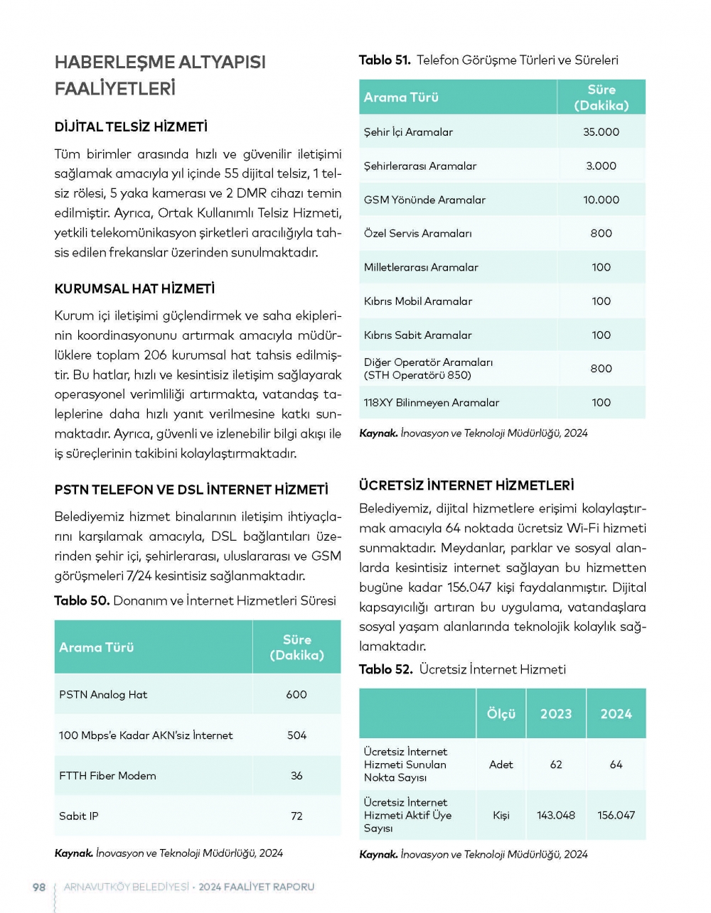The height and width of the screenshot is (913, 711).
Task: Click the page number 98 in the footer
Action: (x=39, y=887)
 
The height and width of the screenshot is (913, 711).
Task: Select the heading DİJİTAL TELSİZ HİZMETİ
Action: (x=131, y=127)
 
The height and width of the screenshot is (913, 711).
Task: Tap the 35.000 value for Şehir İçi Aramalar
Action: (x=601, y=132)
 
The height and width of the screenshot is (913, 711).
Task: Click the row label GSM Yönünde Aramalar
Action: (x=424, y=200)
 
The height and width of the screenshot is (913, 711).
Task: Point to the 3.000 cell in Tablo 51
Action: (x=601, y=166)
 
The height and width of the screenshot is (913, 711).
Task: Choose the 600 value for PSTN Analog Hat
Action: (x=296, y=694)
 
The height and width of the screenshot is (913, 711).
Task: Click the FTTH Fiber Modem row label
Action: (x=107, y=776)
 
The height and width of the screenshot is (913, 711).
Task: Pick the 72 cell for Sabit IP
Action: (x=296, y=816)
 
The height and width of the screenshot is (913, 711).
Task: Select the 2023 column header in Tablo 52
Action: (x=556, y=714)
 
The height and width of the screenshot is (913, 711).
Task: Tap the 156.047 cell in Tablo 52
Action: (x=616, y=815)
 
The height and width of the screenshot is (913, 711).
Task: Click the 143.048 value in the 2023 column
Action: (x=556, y=815)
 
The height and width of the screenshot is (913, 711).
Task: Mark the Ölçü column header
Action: (x=501, y=714)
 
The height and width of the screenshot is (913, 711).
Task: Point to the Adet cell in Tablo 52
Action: (x=501, y=765)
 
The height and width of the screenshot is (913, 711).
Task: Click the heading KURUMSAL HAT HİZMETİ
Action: (x=134, y=289)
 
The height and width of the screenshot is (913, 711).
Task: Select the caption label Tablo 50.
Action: (x=82, y=600)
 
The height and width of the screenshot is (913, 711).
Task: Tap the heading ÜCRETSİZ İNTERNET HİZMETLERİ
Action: (x=466, y=486)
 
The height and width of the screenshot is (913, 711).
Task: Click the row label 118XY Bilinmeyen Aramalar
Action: (x=432, y=403)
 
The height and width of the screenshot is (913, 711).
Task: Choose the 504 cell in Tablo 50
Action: (x=296, y=735)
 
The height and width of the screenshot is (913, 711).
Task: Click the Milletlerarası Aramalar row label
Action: (x=421, y=267)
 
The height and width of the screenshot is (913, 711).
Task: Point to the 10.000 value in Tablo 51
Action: (x=601, y=200)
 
